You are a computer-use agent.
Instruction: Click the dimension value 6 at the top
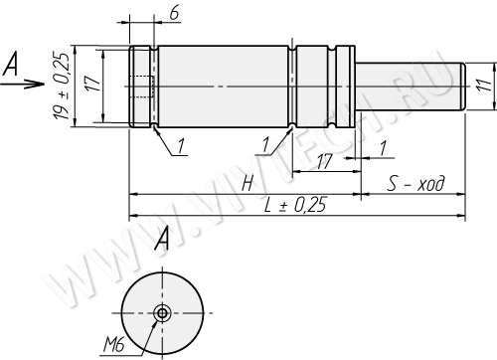[x=174, y=14]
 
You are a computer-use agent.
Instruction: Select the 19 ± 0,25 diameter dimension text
[x=62, y=86]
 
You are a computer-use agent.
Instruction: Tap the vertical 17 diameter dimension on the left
[x=92, y=84]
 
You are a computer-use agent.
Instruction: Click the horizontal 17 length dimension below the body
[x=324, y=162]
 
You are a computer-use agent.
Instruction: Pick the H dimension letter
[x=248, y=183]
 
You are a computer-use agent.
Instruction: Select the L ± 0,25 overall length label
[x=294, y=205]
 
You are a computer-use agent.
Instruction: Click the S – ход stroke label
[x=415, y=183]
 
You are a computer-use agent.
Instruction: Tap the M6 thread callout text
[x=113, y=345]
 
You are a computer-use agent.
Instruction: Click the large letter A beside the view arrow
[x=10, y=64]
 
